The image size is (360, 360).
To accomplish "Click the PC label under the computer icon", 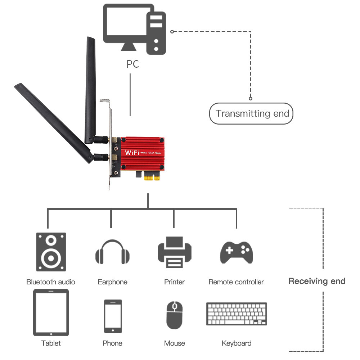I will [132, 64].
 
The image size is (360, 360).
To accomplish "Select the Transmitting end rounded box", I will [251, 114].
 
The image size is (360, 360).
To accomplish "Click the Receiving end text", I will [317, 281].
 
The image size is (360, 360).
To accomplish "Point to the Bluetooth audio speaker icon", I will [51, 252].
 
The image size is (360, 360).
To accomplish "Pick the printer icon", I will [174, 252].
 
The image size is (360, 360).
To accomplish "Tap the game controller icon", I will [237, 252].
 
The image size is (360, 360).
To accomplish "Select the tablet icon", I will [51, 312].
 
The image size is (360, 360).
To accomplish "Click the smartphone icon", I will [112, 316].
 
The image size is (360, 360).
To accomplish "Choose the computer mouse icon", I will [175, 315].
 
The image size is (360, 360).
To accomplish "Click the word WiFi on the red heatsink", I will [132, 153].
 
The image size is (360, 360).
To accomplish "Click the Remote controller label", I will [236, 282].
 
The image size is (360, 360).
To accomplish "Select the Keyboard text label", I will [237, 343].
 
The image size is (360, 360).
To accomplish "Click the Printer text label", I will [174, 282].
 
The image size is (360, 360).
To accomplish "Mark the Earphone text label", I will [112, 282].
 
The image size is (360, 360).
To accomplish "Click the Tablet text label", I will [51, 343].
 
